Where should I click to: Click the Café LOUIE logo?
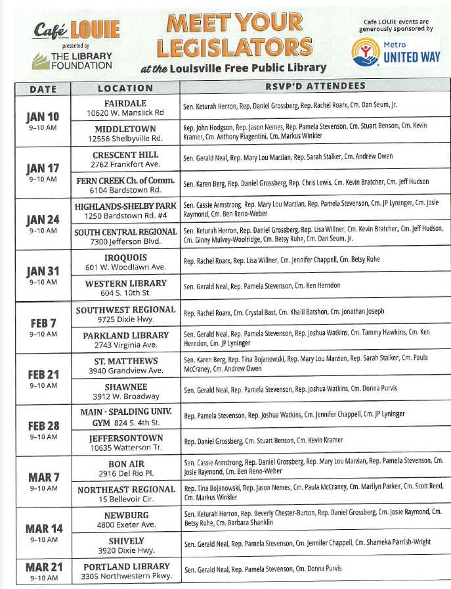[77, 29]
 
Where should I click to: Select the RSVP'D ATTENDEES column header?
[315, 86]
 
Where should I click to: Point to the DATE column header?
[43, 89]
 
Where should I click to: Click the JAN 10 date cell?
[43, 122]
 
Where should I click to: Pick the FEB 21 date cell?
[43, 379]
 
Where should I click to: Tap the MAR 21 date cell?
[43, 571]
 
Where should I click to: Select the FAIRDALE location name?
[125, 103]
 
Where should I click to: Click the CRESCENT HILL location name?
[125, 154]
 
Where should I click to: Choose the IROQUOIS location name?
[125, 258]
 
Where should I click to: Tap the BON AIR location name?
[125, 463]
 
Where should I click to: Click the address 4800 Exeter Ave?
[125, 525]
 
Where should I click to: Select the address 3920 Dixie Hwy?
[125, 551]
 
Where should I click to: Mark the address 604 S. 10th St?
[125, 294]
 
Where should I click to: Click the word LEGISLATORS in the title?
[234, 47]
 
